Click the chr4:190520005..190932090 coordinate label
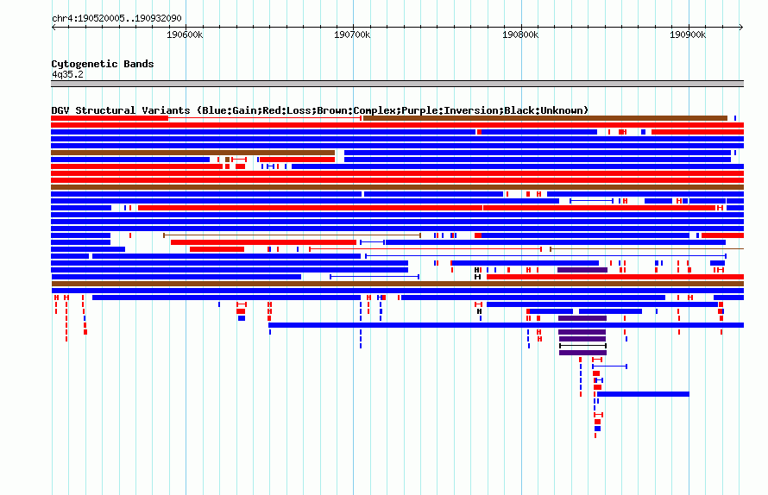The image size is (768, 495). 116,18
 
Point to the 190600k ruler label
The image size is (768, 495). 185,34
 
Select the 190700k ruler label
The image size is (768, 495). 352,34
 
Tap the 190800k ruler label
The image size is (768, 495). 520,34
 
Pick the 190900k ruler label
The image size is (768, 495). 688,34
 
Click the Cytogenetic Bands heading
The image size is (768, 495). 103,64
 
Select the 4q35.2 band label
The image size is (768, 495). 67,74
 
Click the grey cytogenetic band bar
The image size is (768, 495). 397,84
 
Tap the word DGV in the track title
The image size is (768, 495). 60,110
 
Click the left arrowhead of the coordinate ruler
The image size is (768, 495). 53,28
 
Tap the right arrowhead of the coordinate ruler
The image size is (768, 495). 742,28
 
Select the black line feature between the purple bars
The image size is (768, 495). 582,346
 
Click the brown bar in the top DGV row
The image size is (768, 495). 545,118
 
